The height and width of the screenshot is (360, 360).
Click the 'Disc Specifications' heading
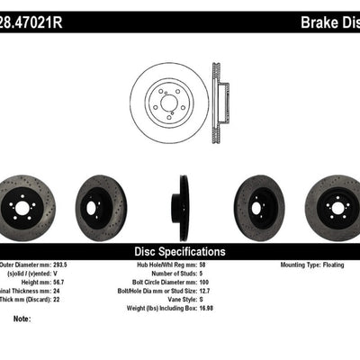point(180,252)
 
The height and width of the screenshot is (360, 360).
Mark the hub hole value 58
point(230,265)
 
